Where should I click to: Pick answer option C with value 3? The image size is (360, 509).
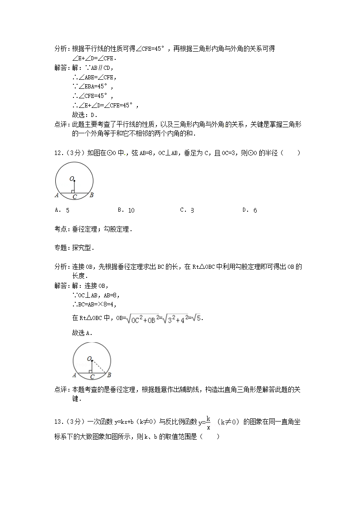point(187,210)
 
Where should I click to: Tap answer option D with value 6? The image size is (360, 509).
point(250,210)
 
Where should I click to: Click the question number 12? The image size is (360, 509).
point(58,153)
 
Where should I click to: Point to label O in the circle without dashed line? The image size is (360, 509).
point(71,179)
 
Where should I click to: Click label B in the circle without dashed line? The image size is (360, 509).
point(92,195)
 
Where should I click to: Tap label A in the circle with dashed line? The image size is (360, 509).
point(74,375)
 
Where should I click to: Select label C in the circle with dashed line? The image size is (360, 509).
point(92,377)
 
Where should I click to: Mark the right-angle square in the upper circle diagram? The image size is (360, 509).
point(73,191)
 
